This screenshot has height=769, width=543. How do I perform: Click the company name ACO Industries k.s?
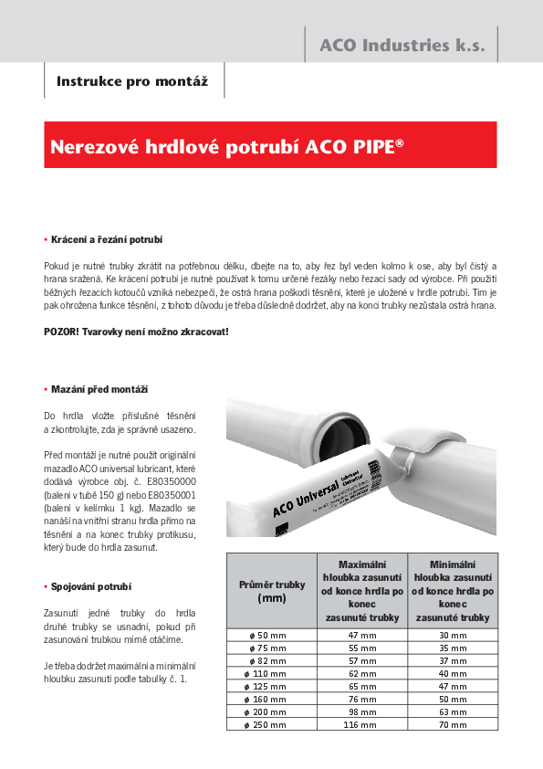[402, 45]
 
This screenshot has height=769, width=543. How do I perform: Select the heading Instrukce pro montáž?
[132, 81]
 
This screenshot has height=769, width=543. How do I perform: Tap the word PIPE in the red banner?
[373, 146]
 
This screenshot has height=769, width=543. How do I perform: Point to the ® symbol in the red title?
[401, 142]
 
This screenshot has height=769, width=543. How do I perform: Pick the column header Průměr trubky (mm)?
[271, 591]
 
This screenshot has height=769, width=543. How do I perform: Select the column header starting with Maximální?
[361, 591]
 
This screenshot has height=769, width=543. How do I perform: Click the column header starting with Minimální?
[452, 591]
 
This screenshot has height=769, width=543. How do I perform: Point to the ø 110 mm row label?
[271, 671]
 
